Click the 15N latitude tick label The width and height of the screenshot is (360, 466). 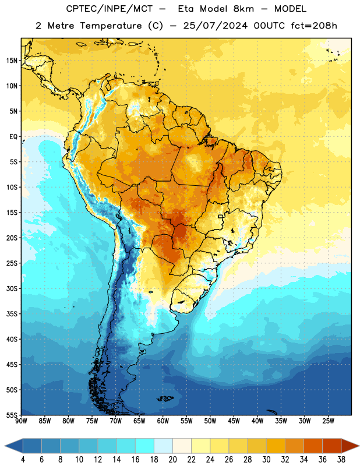point(12,61)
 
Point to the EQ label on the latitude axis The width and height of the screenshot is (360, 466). point(13,137)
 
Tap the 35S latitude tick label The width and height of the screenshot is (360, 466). point(12,314)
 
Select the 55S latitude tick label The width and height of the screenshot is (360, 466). point(12,415)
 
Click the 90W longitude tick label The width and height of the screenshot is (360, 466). point(21,421)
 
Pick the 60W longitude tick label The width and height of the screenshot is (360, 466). point(163,421)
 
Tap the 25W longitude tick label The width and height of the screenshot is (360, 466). point(328,421)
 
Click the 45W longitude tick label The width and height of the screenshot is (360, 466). point(234,421)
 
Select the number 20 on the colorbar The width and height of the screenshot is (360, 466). point(172,460)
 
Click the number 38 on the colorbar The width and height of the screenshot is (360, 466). point(341,460)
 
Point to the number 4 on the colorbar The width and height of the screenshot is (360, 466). point(23,460)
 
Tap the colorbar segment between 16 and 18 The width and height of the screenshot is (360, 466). point(144,446)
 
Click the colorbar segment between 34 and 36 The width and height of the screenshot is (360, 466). point(313,446)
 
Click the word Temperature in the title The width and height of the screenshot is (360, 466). point(111,26)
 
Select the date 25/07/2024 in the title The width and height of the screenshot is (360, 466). point(215,26)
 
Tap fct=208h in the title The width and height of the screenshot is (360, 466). point(314,26)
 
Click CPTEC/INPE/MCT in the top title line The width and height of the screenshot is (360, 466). point(110,9)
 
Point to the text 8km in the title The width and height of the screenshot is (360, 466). point(243,9)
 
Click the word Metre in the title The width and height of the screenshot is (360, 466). point(61,26)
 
